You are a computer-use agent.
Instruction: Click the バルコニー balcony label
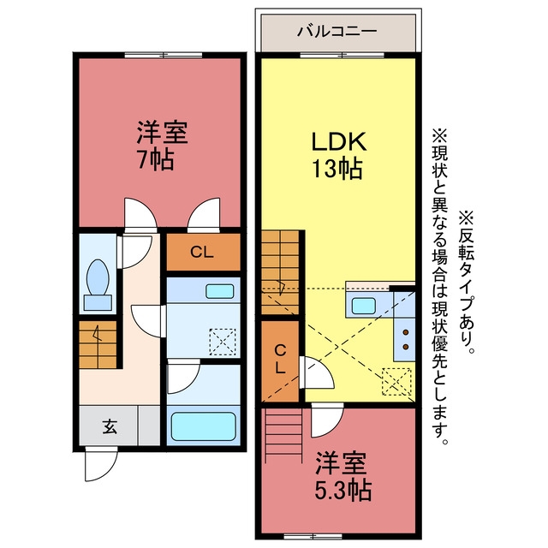pyautogui.click(x=337, y=32)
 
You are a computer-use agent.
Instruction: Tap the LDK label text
pyautogui.click(x=339, y=141)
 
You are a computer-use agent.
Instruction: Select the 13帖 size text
pyautogui.click(x=337, y=169)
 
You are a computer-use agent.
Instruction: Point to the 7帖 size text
pyautogui.click(x=156, y=160)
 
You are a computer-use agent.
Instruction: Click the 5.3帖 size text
pyautogui.click(x=342, y=491)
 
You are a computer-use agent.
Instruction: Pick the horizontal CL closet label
pyautogui.click(x=202, y=252)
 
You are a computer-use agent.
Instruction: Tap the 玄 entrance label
pyautogui.click(x=110, y=426)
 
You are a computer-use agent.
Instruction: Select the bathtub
pyautogui.click(x=204, y=426)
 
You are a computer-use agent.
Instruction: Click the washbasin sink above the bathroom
pyautogui.click(x=219, y=291)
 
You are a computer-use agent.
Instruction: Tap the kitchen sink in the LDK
pyautogui.click(x=363, y=306)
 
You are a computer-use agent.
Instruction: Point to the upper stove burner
pyautogui.click(x=406, y=332)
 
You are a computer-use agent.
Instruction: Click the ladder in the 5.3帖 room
pyautogui.click(x=283, y=436)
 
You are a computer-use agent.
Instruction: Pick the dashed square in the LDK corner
pyautogui.click(x=396, y=381)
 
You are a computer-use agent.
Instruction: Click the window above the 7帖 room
pyautogui.click(x=164, y=55)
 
